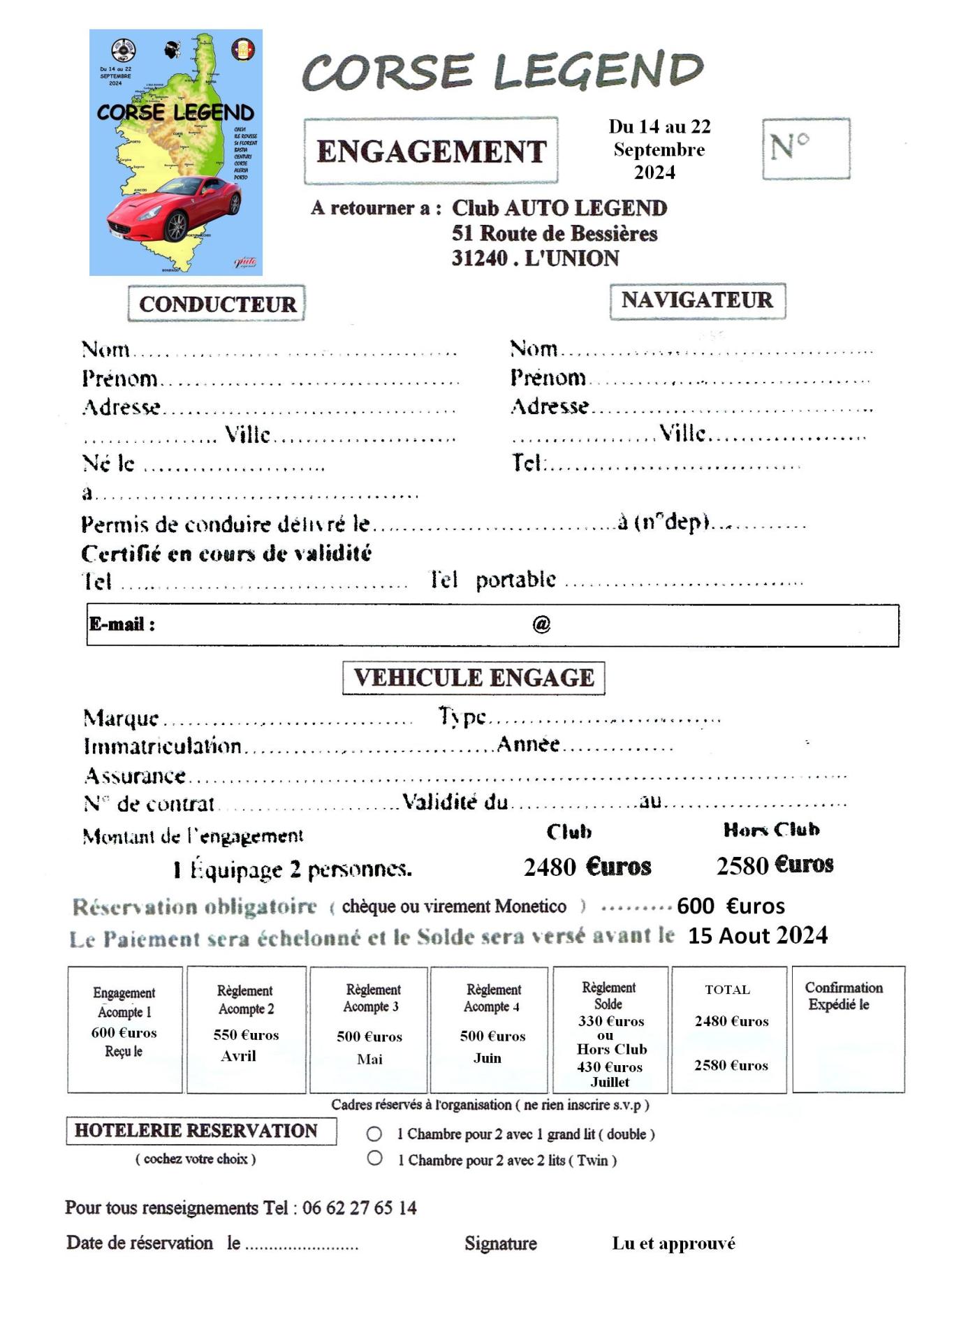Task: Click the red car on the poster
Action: point(175,207)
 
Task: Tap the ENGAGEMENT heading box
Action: point(431,151)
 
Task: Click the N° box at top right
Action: point(805,148)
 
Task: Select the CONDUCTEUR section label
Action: point(217,304)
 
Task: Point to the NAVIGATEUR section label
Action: point(697,300)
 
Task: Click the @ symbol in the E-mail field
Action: point(541,624)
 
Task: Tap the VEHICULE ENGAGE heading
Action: point(474,678)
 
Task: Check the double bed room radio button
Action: point(374,1134)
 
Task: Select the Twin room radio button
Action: point(374,1159)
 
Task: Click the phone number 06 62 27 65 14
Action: point(359,1208)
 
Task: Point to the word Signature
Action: point(500,1243)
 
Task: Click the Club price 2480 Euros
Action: point(587,867)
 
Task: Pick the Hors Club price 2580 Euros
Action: point(775,865)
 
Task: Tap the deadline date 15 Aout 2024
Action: point(757,935)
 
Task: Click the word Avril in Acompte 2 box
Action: point(238,1056)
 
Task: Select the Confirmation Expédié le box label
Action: point(842,996)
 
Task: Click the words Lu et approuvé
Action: point(673,1243)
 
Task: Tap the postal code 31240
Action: point(479,258)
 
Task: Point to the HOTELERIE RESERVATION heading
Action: point(196,1131)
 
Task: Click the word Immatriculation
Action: point(162,746)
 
